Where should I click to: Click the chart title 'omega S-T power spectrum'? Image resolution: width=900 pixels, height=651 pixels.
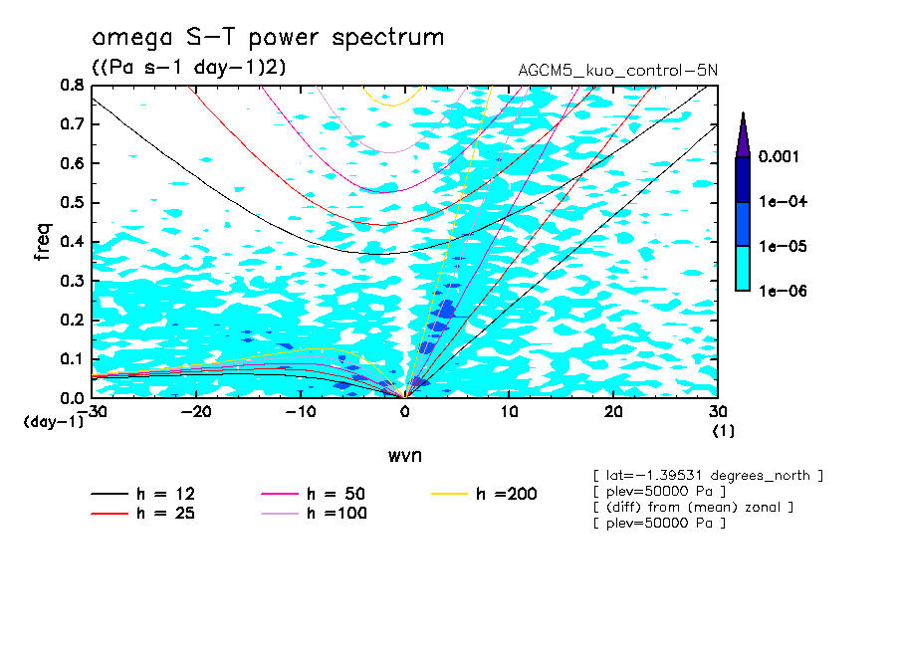click(x=268, y=38)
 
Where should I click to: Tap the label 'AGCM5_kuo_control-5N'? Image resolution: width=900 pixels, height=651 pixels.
click(x=617, y=71)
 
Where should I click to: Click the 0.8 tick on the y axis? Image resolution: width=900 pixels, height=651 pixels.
click(x=70, y=86)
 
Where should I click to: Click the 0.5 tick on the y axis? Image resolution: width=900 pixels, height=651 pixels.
click(x=70, y=202)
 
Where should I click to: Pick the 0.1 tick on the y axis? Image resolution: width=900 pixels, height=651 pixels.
click(x=70, y=358)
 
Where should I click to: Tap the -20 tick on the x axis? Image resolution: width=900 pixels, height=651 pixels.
click(x=196, y=412)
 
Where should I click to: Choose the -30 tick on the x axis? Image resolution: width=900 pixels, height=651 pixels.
click(x=92, y=412)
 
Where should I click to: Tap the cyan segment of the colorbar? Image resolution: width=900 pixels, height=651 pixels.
click(x=742, y=268)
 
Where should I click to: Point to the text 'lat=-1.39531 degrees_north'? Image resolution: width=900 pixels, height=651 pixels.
click(x=707, y=476)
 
